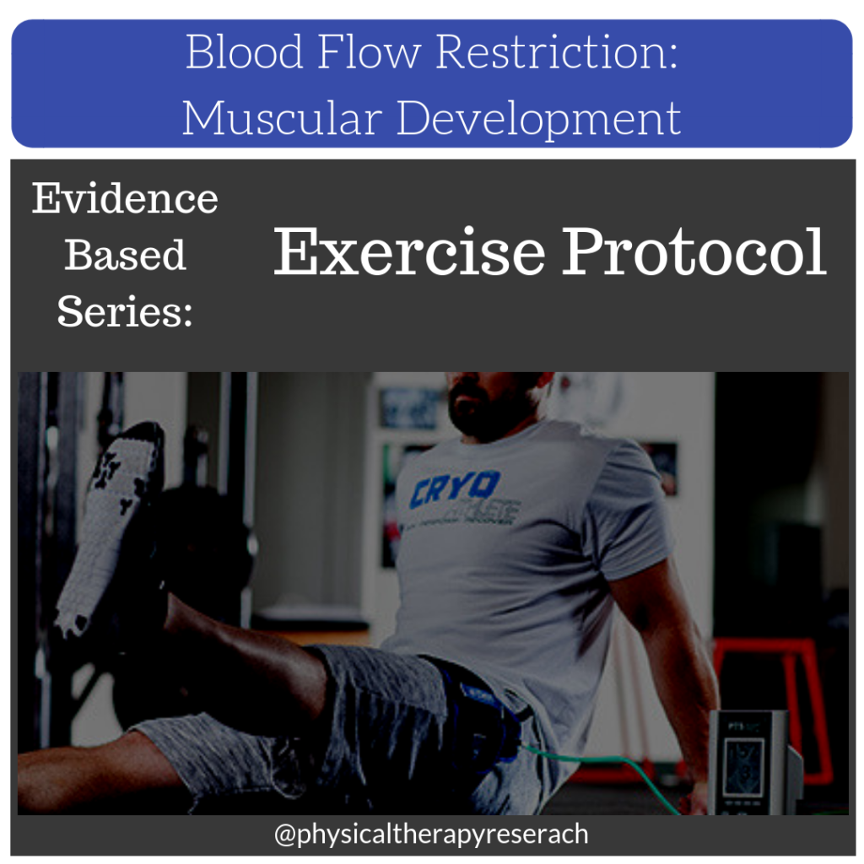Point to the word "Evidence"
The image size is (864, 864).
pyautogui.click(x=125, y=199)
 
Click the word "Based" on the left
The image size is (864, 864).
pyautogui.click(x=125, y=255)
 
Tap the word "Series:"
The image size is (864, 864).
pyautogui.click(x=125, y=311)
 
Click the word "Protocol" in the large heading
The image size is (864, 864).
pyautogui.click(x=694, y=251)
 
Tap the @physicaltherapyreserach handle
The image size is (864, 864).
pyautogui.click(x=431, y=834)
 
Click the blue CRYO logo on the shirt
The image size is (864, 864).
pyautogui.click(x=456, y=489)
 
